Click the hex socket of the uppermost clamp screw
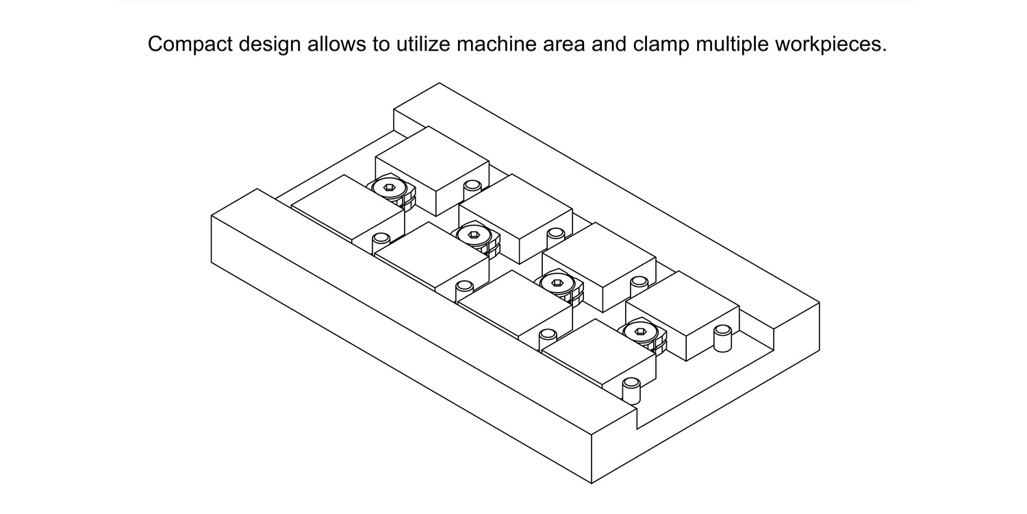[x=389, y=188]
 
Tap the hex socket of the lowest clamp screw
[x=640, y=332]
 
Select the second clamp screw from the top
[x=472, y=236]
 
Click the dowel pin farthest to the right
[x=722, y=338]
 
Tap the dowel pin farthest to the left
[x=380, y=243]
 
